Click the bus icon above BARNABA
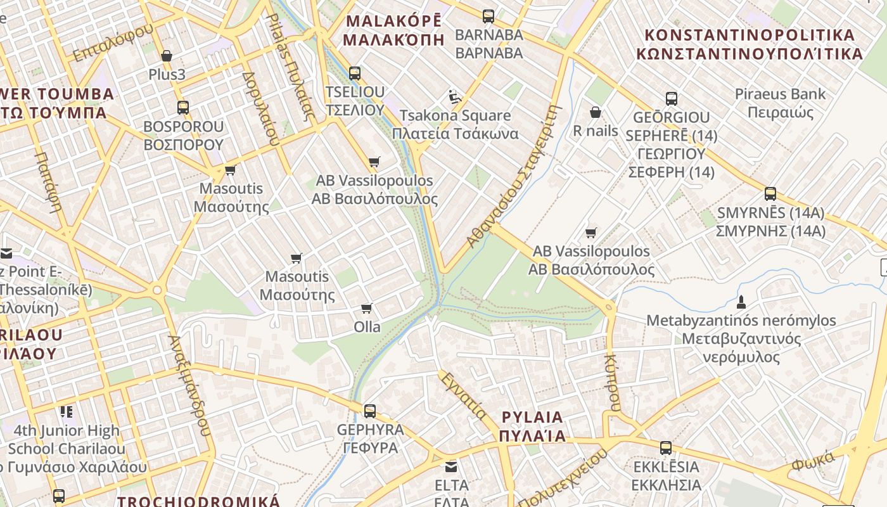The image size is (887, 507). pyautogui.click(x=488, y=16)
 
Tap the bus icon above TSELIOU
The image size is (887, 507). pyautogui.click(x=355, y=73)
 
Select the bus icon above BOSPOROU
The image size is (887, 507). pyautogui.click(x=183, y=107)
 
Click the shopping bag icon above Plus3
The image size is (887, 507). pyautogui.click(x=167, y=56)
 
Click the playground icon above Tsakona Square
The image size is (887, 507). pyautogui.click(x=454, y=96)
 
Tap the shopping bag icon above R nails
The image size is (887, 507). pyautogui.click(x=595, y=112)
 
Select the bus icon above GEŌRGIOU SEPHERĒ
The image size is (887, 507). pyautogui.click(x=672, y=98)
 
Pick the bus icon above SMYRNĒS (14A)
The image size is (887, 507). pyautogui.click(x=770, y=193)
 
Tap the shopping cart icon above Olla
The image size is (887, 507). pyautogui.click(x=366, y=308)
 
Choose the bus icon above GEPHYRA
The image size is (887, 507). pyautogui.click(x=370, y=411)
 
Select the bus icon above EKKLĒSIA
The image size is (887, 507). pyautogui.click(x=666, y=448)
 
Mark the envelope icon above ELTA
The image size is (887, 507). pyautogui.click(x=451, y=467)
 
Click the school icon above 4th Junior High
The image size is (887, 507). pyautogui.click(x=67, y=412)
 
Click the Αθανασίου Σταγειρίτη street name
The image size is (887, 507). pyautogui.click(x=514, y=176)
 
